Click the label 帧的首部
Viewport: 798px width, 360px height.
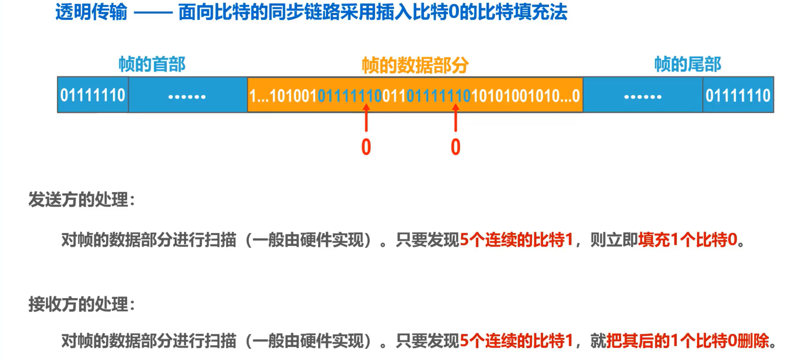[152, 64]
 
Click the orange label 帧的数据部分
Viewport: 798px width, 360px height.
[415, 65]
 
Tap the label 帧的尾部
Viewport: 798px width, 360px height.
[687, 64]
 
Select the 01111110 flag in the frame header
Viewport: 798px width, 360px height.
[93, 95]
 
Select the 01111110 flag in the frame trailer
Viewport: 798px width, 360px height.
[738, 95]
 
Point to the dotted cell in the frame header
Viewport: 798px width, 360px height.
[187, 96]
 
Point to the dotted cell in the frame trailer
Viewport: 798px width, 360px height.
[642, 96]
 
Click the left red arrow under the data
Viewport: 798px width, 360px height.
[366, 118]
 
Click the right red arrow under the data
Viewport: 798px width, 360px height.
[456, 118]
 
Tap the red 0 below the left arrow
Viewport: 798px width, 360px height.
[366, 147]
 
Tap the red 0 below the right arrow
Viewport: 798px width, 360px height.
[456, 147]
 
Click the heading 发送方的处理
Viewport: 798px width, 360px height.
[82, 200]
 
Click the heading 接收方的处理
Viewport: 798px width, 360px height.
[82, 304]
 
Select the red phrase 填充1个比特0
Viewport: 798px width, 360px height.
[688, 240]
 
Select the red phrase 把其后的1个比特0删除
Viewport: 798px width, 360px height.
[688, 341]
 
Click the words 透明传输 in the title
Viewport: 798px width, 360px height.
[91, 12]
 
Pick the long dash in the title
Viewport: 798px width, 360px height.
[153, 13]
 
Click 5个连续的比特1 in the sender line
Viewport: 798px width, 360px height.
[516, 240]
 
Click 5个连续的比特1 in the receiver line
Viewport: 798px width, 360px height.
[516, 341]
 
